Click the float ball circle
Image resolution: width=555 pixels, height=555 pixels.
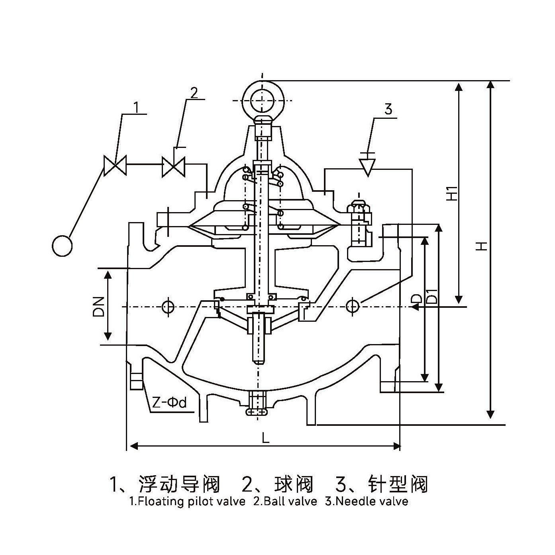(62, 246)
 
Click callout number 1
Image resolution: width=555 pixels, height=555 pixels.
(136, 107)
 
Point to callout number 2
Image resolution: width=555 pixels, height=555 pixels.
(194, 92)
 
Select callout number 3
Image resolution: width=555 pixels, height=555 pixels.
(388, 109)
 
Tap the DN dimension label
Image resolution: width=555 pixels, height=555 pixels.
(98, 306)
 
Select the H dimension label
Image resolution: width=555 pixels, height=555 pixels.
(482, 246)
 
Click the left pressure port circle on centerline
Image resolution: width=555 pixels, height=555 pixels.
(168, 307)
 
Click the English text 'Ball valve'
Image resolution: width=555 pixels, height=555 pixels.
(285, 501)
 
